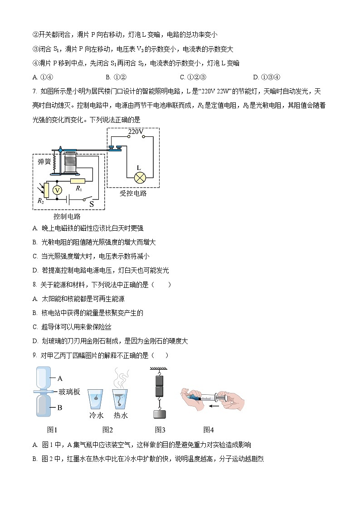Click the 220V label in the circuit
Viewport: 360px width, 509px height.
(136, 132)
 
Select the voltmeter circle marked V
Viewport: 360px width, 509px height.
(57, 190)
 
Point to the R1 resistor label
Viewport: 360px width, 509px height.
(78, 188)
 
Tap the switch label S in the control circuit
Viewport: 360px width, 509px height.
(91, 204)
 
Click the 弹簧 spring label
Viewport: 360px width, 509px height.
(44, 161)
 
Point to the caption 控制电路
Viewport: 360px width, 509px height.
(67, 216)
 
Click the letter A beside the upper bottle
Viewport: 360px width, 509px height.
(59, 377)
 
